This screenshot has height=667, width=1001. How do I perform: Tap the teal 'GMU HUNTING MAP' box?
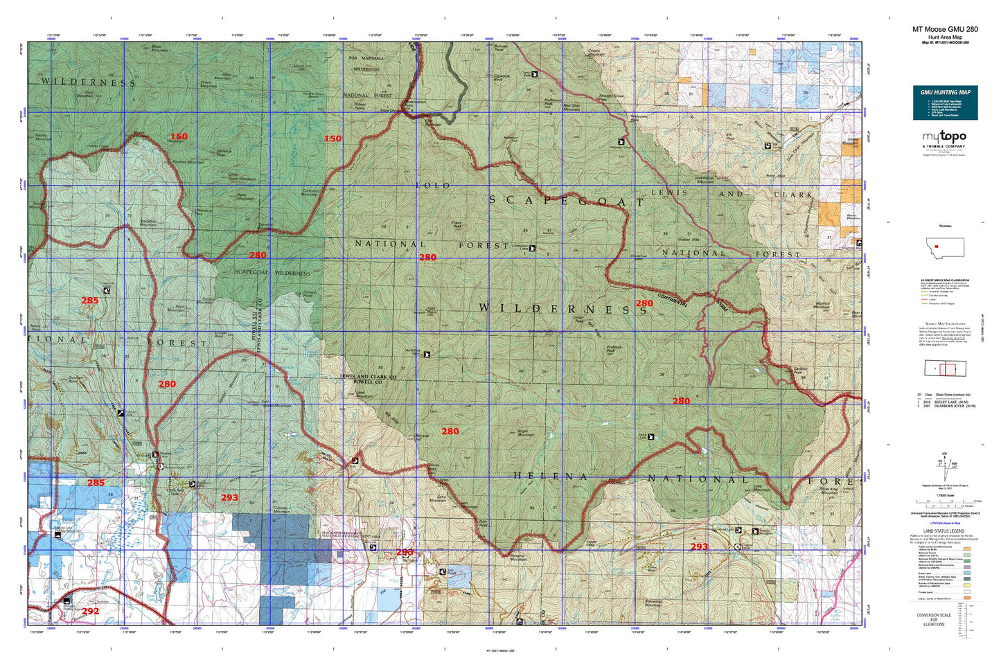(x=945, y=102)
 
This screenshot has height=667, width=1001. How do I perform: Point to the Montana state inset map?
(x=945, y=247)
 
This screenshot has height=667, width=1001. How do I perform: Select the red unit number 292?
(x=90, y=611)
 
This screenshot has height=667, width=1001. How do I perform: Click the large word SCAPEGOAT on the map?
(x=566, y=201)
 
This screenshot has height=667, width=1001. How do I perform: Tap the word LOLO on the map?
(x=433, y=186)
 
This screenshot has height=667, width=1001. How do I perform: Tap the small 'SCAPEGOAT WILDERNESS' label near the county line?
(x=272, y=273)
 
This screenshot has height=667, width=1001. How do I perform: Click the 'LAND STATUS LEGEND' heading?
(x=944, y=531)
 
